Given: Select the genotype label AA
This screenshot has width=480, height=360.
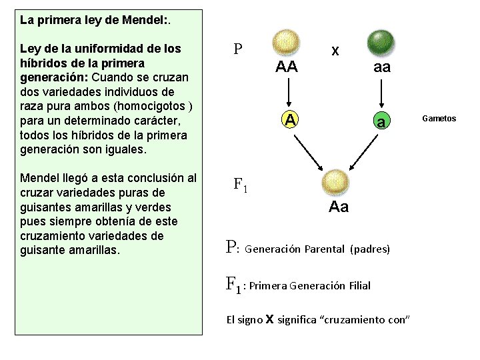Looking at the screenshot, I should [x=287, y=67].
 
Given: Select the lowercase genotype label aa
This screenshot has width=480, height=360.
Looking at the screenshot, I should [x=382, y=67].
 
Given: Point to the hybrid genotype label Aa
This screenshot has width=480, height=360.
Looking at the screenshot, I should [x=339, y=207].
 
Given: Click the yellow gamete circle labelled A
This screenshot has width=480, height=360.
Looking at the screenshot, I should [x=289, y=119].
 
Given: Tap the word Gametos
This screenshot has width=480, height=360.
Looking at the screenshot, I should [x=439, y=118].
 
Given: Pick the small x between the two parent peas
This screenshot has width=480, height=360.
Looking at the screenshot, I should [x=335, y=51].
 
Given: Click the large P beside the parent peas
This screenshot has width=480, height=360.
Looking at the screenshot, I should [x=237, y=49].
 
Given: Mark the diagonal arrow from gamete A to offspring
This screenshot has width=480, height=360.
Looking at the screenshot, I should [x=306, y=149].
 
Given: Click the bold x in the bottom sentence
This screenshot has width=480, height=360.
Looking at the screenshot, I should [x=269, y=319].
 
